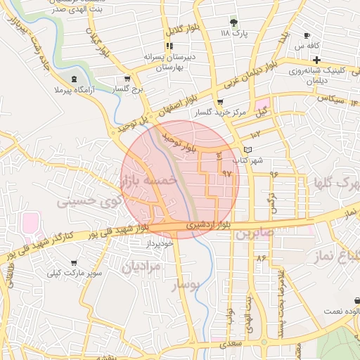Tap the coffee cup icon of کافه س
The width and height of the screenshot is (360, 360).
[307, 36]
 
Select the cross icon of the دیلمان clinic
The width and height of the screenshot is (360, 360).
[317, 60]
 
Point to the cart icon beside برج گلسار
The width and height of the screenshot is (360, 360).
[127, 79]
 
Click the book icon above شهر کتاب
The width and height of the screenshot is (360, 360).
[247, 150]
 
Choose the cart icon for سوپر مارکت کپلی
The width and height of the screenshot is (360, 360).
[74, 262]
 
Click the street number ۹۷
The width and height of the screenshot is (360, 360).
[226, 172]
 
